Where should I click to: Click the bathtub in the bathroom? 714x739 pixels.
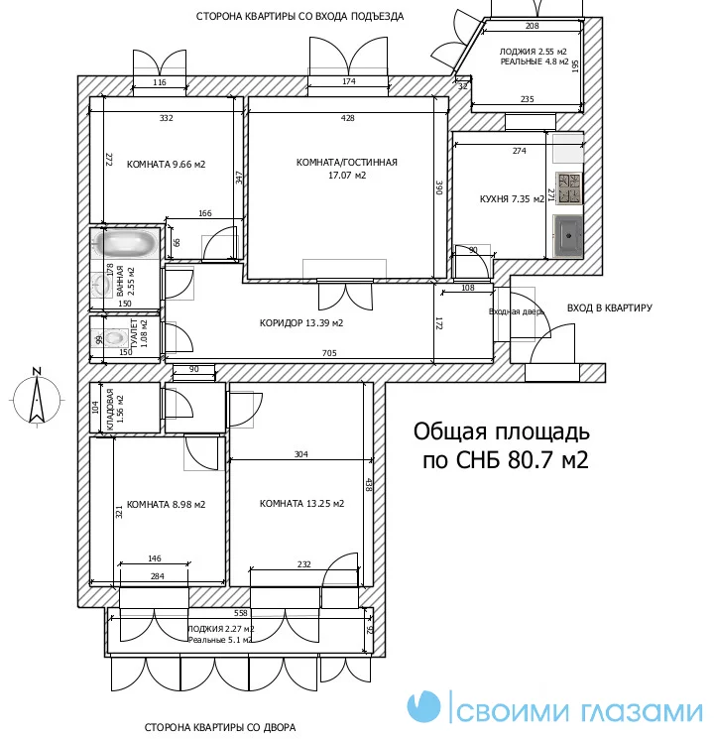coord(125,243)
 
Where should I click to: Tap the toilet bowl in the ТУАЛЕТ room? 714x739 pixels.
coord(113,337)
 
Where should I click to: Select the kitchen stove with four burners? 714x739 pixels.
coord(569,188)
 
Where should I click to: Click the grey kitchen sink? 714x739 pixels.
coord(568,236)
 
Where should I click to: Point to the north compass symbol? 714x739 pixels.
coord(37,397)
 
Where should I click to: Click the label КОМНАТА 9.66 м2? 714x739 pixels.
coord(166,164)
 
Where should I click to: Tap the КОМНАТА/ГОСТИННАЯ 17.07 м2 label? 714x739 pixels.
coord(347,169)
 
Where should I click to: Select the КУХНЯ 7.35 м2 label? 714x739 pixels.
coord(512,199)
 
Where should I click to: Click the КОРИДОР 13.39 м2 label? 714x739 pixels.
coord(301,322)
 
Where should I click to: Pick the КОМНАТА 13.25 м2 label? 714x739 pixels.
coord(301,503)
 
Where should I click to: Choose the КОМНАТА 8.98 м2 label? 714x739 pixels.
coord(166,504)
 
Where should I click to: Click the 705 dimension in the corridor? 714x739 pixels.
coord(329,353)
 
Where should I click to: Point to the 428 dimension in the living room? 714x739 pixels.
coord(348,118)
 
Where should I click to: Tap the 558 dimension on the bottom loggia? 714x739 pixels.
coord(241,613)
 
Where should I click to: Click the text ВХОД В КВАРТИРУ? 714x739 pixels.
coord(609,308)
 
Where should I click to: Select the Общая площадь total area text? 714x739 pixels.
coord(502,445)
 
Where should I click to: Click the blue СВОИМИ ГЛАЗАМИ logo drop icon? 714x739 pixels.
coord(423,706)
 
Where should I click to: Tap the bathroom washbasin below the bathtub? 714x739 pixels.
coord(101,285)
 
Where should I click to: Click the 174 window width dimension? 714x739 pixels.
coord(349,81)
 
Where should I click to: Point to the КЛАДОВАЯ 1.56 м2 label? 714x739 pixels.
coord(115,409)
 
